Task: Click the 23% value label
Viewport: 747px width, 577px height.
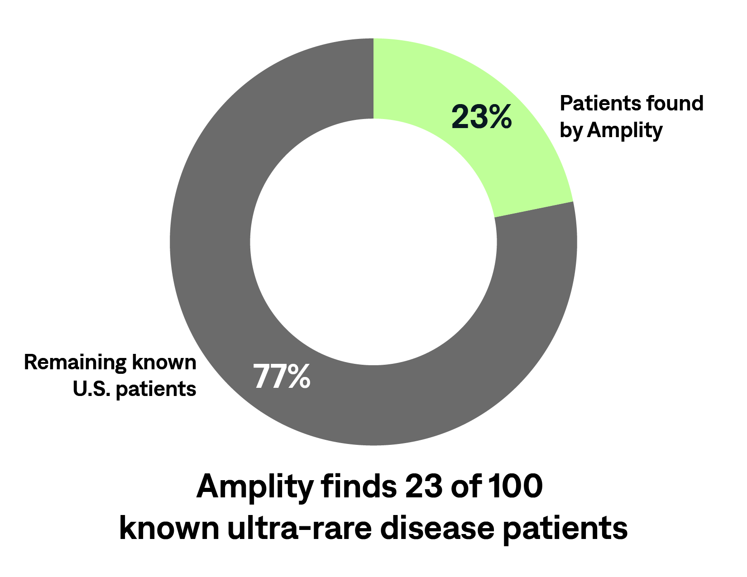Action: (x=481, y=117)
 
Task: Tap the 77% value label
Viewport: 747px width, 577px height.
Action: (x=282, y=377)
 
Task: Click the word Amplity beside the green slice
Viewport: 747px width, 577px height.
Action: (x=624, y=131)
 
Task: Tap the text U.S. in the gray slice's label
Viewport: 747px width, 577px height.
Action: (x=92, y=389)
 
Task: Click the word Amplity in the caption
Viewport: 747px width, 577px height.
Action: (x=255, y=488)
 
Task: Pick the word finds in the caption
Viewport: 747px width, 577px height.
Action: (x=359, y=486)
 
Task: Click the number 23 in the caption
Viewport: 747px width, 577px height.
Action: (x=424, y=487)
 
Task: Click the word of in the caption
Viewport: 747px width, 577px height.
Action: (x=464, y=486)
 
